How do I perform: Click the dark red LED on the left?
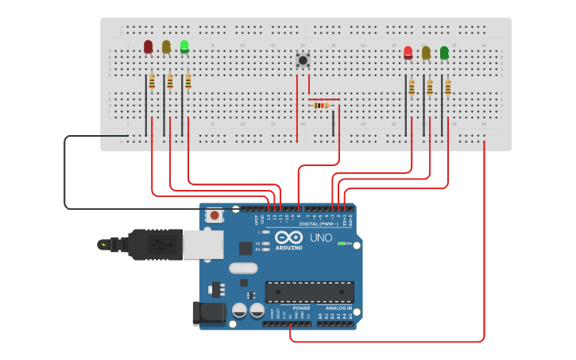[148, 47]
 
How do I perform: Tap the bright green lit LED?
[184, 47]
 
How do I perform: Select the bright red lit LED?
[408, 52]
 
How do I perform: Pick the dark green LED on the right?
[444, 52]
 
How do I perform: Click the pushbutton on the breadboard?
[303, 60]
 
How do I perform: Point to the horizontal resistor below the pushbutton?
[321, 105]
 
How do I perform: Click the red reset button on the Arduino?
[214, 215]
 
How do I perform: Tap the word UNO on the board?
[321, 238]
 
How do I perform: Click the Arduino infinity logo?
[288, 238]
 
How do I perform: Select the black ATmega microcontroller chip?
[309, 292]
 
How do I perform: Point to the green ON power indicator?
[345, 243]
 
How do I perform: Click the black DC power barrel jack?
[209, 312]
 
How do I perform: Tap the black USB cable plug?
[155, 245]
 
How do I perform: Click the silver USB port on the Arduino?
[203, 245]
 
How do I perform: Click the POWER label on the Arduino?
[301, 308]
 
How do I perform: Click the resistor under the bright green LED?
[188, 81]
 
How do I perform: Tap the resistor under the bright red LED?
[412, 87]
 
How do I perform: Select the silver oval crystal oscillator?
[243, 269]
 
